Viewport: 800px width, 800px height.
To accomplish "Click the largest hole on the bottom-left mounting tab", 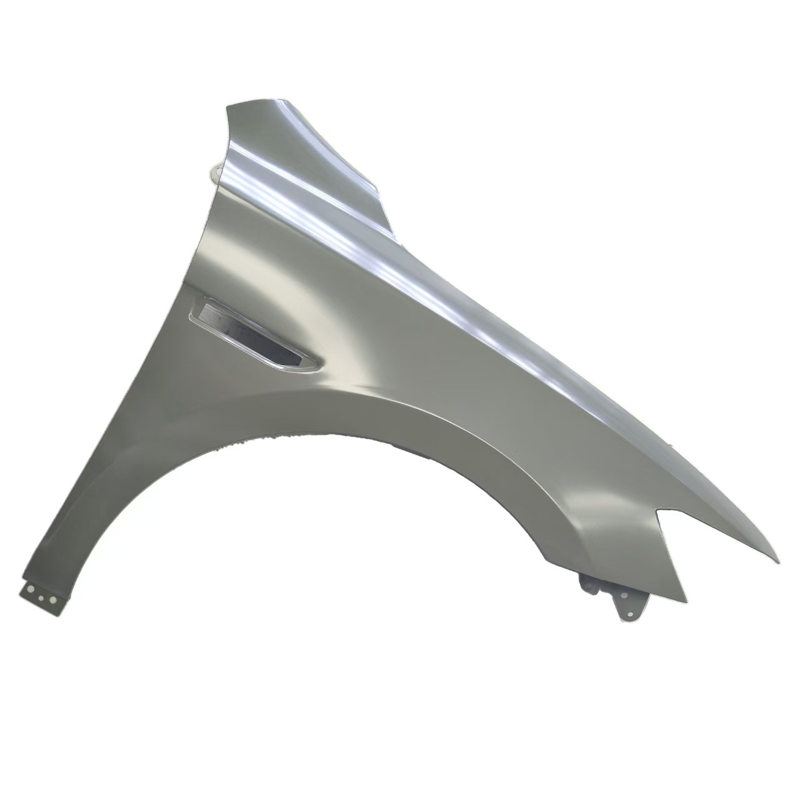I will pyautogui.click(x=28, y=589).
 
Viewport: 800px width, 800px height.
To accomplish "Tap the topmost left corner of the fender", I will pyautogui.click(x=227, y=106).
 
